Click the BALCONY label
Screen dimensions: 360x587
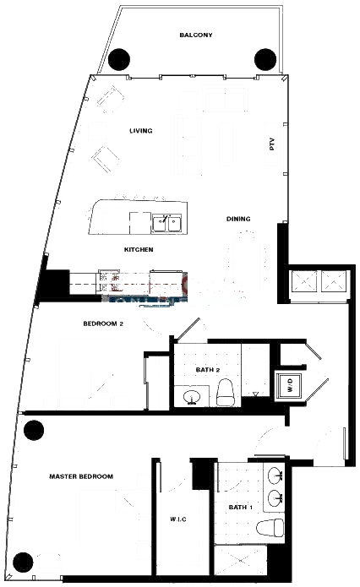click(195, 35)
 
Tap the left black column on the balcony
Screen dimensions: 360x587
click(119, 59)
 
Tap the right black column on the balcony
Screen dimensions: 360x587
click(265, 59)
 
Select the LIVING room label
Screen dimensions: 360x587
click(141, 131)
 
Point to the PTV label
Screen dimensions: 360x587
click(272, 144)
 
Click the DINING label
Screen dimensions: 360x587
click(238, 219)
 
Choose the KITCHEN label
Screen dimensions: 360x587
click(139, 249)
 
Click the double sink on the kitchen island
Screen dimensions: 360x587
click(167, 224)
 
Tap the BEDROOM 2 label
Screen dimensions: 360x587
click(103, 323)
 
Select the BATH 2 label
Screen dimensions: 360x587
click(208, 370)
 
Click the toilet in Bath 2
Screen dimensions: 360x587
click(226, 392)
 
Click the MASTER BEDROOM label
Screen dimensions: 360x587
click(81, 476)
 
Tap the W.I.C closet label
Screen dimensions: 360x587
click(178, 519)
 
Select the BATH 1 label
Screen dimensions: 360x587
click(241, 508)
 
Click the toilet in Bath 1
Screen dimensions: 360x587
click(270, 528)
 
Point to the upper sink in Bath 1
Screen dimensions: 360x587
click(276, 476)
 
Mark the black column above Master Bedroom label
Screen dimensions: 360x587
click(34, 430)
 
